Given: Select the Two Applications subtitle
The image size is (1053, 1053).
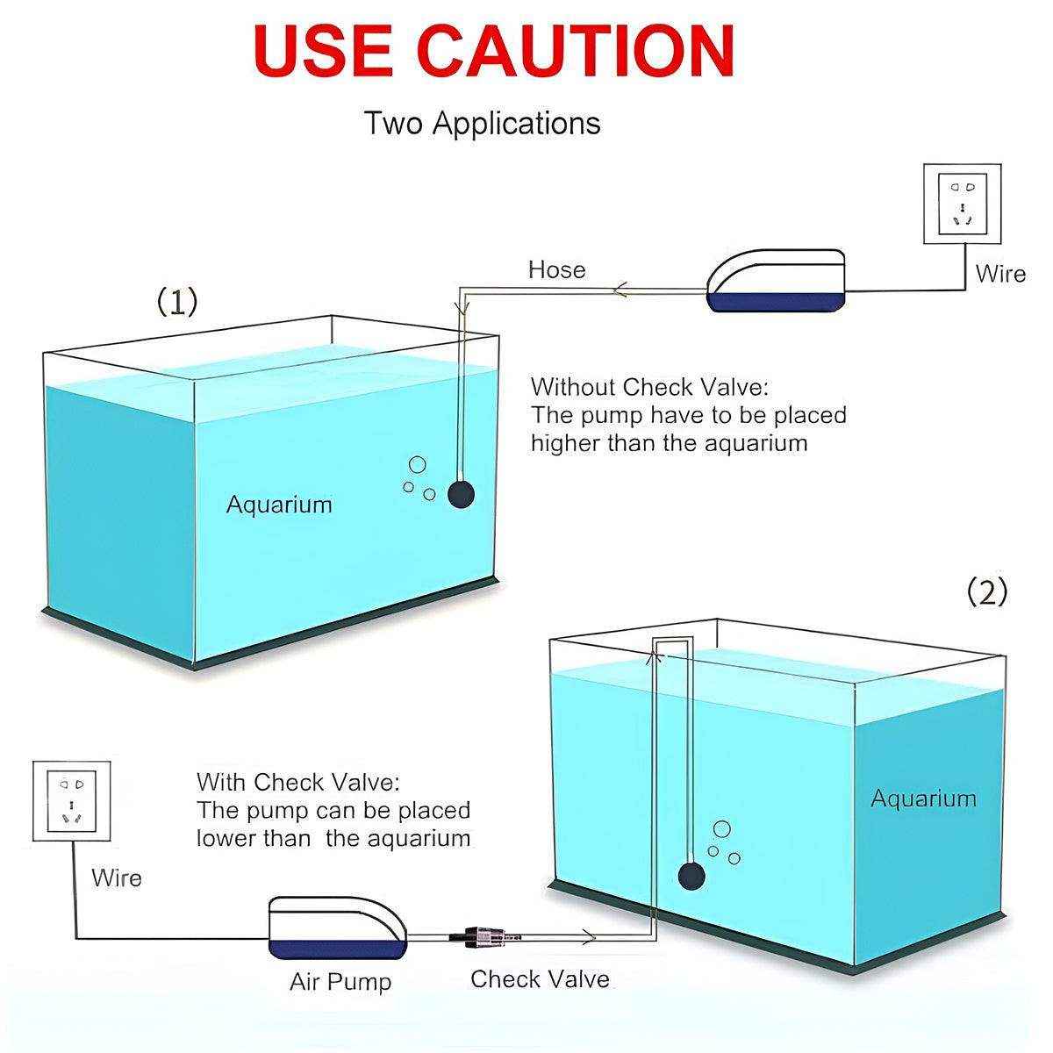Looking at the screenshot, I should click(x=482, y=123).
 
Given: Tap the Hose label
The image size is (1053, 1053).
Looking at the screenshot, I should click(x=556, y=269).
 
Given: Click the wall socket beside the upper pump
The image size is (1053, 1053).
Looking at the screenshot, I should click(x=963, y=204).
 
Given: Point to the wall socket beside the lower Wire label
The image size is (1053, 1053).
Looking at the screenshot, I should click(x=71, y=801).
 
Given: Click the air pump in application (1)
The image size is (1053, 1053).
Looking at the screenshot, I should click(x=777, y=281).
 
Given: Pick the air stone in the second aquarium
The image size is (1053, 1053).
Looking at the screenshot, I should click(x=691, y=875).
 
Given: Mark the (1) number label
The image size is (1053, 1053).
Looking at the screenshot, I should click(x=177, y=302).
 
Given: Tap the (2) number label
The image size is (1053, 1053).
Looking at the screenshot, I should click(x=987, y=593).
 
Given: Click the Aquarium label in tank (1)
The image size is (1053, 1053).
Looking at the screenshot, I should click(x=279, y=505).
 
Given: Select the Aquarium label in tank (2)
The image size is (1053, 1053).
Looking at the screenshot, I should click(x=923, y=799).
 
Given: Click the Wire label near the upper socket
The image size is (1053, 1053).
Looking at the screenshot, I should click(x=1000, y=274).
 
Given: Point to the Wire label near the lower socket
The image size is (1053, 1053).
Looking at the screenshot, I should click(x=117, y=877).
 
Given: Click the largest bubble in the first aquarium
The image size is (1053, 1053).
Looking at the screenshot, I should click(x=418, y=466).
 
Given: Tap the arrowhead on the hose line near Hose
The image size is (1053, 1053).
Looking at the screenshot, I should click(x=621, y=290).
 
